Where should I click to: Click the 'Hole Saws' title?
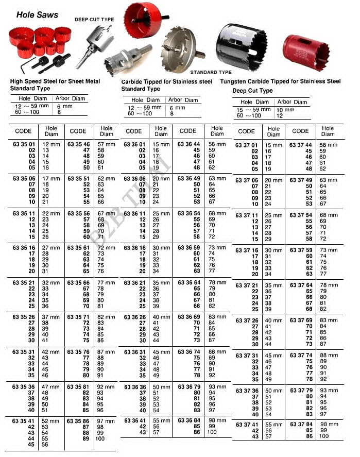pyautogui.click(x=37, y=15)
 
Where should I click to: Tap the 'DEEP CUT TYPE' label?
pyautogui.click(x=94, y=20)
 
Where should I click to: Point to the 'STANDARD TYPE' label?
pyautogui.click(x=211, y=73)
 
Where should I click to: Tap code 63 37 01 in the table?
pyautogui.click(x=247, y=145)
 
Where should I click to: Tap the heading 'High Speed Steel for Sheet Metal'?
pyautogui.click(x=55, y=81)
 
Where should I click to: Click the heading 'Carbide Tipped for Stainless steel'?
pyautogui.click(x=166, y=81)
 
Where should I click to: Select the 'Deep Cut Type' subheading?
pyautogui.click(x=252, y=91)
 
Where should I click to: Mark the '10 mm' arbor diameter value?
pyautogui.click(x=285, y=110)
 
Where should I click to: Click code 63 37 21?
pyautogui.click(x=247, y=285)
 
